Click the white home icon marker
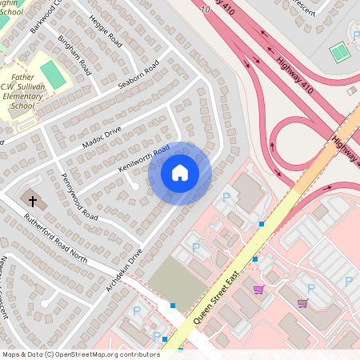[179, 172]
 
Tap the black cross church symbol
[33, 201]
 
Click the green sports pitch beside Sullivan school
[54, 75]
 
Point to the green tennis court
[339, 53]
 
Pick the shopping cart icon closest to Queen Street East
[258, 290]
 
